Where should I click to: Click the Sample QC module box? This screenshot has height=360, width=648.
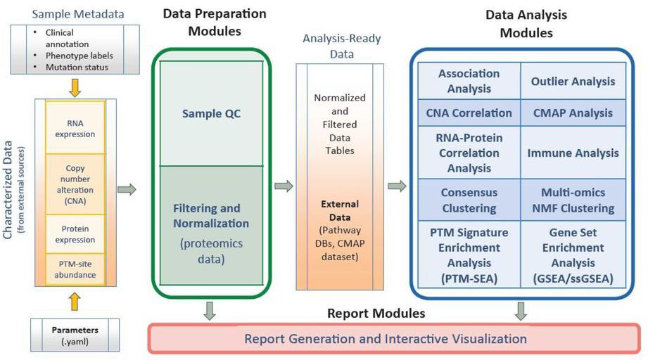coord(211,113)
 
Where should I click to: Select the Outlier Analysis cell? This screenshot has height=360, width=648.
coord(573,81)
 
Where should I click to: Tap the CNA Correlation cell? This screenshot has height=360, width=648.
coord(469,112)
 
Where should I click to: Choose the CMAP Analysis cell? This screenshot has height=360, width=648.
coord(573,112)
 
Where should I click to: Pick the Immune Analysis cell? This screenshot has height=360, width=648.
coord(573,153)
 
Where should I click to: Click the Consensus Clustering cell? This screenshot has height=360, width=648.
coord(469,200)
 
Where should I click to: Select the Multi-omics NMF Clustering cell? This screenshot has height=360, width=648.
coord(573,200)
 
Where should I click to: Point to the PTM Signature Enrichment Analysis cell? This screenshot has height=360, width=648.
coord(469,255)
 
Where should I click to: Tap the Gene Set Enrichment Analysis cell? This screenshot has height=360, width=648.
coord(573,255)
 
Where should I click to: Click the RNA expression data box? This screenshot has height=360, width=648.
coord(75,128)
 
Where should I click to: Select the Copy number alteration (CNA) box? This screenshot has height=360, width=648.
coord(75,184)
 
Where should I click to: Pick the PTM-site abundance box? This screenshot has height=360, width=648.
coord(75,269)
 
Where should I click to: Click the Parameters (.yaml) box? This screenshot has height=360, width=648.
coord(75,335)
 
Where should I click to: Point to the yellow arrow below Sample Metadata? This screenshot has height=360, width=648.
coord(75,87)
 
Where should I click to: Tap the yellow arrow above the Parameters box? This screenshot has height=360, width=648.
coord(75,302)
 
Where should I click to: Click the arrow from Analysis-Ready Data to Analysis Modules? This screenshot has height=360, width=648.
coord(397,186)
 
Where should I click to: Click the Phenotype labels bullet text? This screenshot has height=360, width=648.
coord(79,56)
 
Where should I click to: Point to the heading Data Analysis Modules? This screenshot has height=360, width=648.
coord(526,23)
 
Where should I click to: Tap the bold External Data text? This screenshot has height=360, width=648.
coord(340,210)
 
